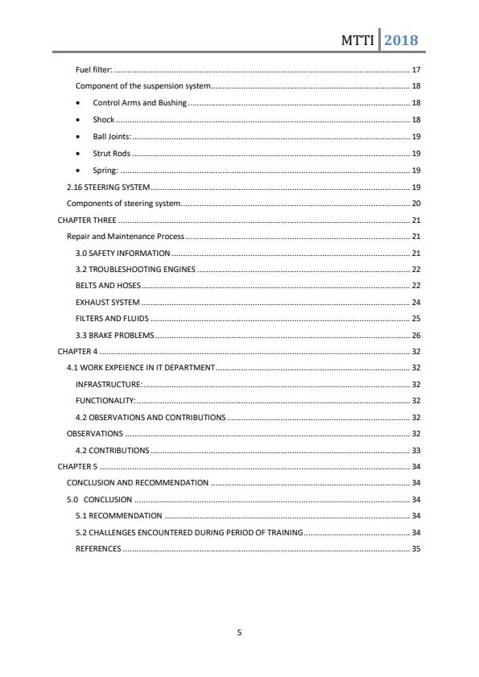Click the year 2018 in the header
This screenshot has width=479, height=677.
click(x=401, y=39)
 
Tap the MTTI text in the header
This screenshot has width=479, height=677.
click(x=357, y=40)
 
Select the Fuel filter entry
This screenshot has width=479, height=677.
click(x=93, y=70)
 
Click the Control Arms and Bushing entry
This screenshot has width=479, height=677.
click(x=139, y=103)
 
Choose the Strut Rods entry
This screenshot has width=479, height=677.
click(x=111, y=153)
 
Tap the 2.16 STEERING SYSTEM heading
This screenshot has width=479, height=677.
click(x=107, y=187)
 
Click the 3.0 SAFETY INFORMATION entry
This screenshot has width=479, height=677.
click(x=122, y=253)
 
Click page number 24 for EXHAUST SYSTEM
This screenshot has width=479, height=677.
click(x=416, y=303)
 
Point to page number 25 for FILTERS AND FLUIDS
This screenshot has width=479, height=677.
click(x=416, y=319)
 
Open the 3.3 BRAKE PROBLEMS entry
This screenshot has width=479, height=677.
click(x=114, y=336)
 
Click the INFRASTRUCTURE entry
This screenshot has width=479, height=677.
click(x=109, y=385)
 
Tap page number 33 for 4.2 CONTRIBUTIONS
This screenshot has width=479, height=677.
click(x=416, y=451)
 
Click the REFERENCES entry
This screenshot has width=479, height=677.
click(x=98, y=549)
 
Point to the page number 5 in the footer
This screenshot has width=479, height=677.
click(x=239, y=633)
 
